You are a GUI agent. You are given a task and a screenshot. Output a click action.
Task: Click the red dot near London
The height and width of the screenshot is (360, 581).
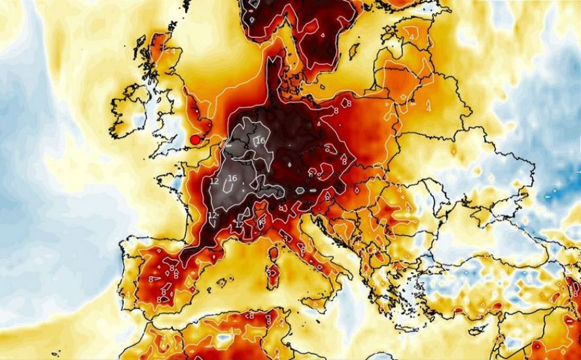point(194,139)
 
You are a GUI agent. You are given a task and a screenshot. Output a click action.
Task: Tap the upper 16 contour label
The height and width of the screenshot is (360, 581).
point(260,141)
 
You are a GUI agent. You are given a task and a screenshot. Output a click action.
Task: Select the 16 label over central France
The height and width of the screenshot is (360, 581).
point(232,179)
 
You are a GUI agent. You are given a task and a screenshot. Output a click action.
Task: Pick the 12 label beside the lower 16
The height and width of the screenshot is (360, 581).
point(214,181)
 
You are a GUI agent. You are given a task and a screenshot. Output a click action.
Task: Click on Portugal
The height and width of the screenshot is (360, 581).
point(127,275)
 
